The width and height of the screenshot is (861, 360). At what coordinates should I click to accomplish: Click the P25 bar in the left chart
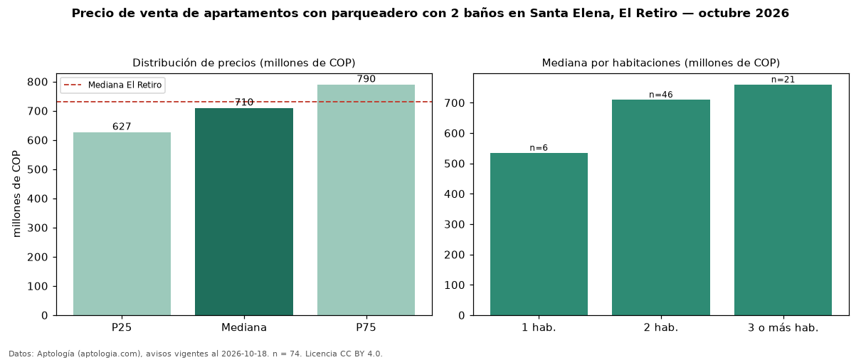[x=122, y=224]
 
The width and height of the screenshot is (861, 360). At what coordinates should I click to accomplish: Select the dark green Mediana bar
[x=244, y=212]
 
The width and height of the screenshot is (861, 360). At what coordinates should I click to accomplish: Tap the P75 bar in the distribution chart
[x=366, y=200]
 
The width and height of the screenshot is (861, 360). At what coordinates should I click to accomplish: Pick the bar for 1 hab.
[x=539, y=234]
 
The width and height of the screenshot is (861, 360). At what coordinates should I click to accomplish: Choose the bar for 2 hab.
[x=661, y=208]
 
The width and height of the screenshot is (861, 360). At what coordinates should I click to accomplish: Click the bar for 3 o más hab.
[x=783, y=200]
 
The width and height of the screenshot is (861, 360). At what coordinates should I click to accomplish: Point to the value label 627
[x=122, y=127]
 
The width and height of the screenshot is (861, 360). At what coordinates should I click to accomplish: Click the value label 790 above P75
[x=366, y=79]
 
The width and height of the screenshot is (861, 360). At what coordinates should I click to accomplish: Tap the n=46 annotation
[x=661, y=95]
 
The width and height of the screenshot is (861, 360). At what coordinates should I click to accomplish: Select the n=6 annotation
[x=539, y=148]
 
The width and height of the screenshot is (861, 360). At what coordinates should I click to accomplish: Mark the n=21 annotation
[x=783, y=80]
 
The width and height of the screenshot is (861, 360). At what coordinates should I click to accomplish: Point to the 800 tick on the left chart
[x=37, y=83]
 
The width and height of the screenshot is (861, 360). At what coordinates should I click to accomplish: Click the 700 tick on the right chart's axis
[x=454, y=103]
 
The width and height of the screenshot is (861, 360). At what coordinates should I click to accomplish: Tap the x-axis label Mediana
[x=244, y=327]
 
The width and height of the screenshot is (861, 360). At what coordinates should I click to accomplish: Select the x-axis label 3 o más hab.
[x=783, y=328]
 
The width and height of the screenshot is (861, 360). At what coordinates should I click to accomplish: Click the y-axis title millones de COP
[x=16, y=194]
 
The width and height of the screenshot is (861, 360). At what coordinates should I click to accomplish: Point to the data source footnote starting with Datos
[x=196, y=354]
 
